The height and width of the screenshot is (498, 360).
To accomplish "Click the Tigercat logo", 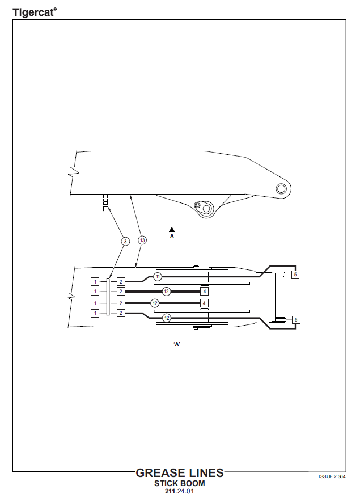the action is (35, 12).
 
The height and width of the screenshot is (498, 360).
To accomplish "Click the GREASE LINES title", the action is (180, 473).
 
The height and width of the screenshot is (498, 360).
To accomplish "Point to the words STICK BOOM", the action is (180, 483).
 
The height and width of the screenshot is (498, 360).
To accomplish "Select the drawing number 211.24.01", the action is (179, 491).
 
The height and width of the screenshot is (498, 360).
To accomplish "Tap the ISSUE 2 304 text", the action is (332, 476).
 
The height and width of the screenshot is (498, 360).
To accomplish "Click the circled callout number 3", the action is (125, 242).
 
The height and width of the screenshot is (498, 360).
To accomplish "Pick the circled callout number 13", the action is (142, 240).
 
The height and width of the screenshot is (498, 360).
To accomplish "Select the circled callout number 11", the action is (158, 277).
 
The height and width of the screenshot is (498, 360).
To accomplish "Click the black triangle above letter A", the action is (172, 229).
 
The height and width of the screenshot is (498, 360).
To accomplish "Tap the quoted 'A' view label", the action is (177, 344).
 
